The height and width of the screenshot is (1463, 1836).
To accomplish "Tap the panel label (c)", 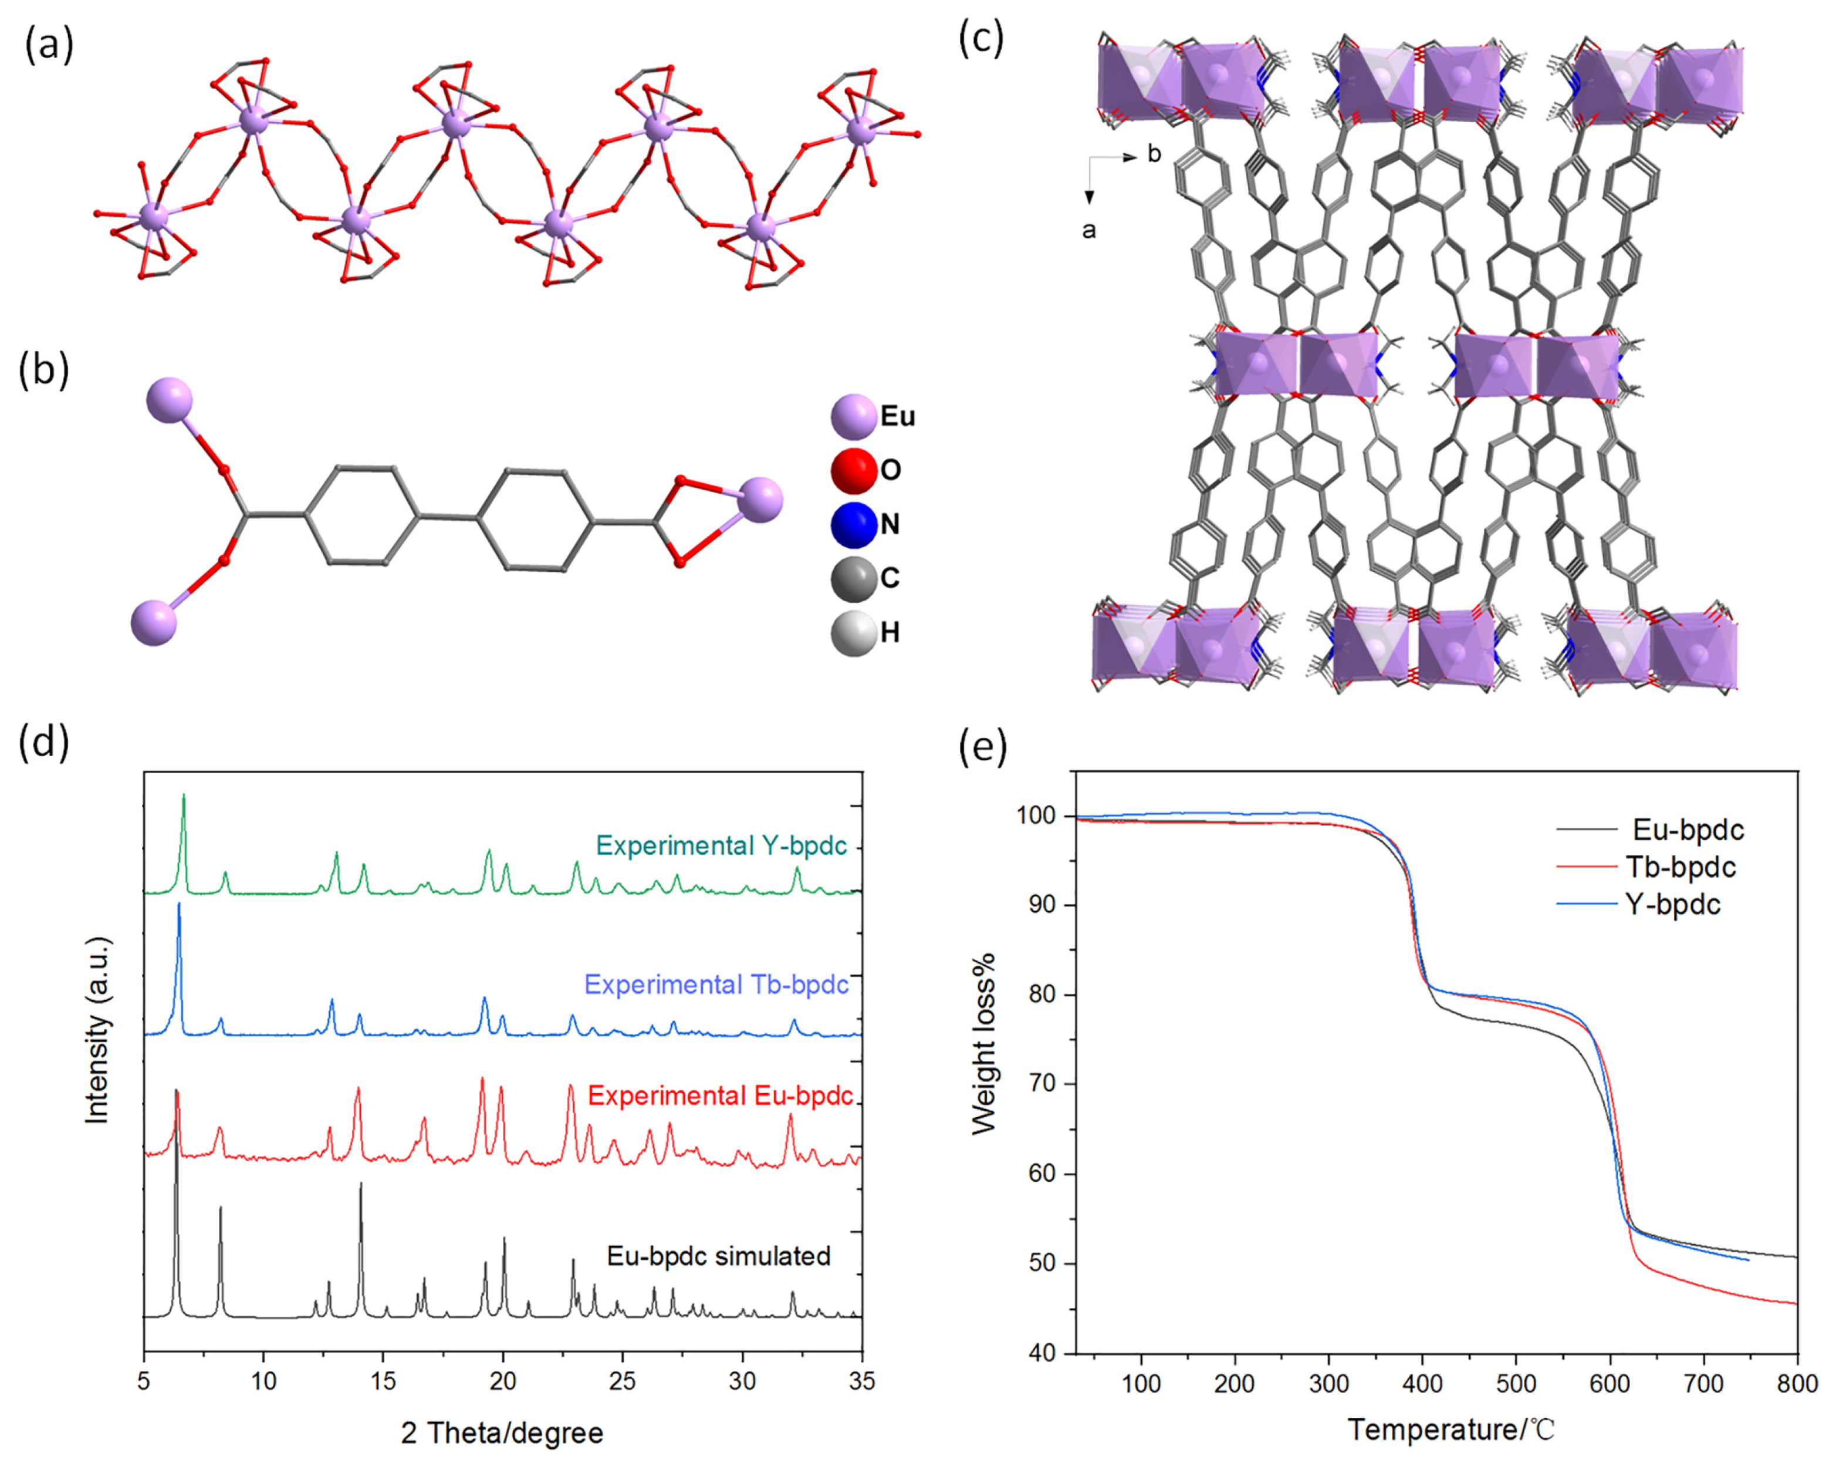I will click(x=981, y=38).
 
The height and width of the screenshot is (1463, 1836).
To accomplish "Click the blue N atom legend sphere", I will click(x=853, y=524).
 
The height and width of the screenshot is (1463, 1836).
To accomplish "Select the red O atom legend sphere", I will click(x=853, y=470).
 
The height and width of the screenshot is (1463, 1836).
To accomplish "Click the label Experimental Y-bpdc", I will click(x=721, y=845).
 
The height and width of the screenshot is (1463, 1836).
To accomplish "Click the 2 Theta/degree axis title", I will click(x=502, y=1433).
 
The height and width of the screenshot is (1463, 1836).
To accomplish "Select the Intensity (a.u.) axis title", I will click(x=99, y=1030).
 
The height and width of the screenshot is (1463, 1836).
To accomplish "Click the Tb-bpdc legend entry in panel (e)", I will click(x=1680, y=867).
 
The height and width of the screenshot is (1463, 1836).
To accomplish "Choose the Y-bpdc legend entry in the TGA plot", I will click(x=1672, y=904).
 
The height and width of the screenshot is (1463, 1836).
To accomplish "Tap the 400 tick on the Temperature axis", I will click(x=1422, y=1384).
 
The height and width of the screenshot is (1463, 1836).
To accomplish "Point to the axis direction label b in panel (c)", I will click(x=1155, y=154).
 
